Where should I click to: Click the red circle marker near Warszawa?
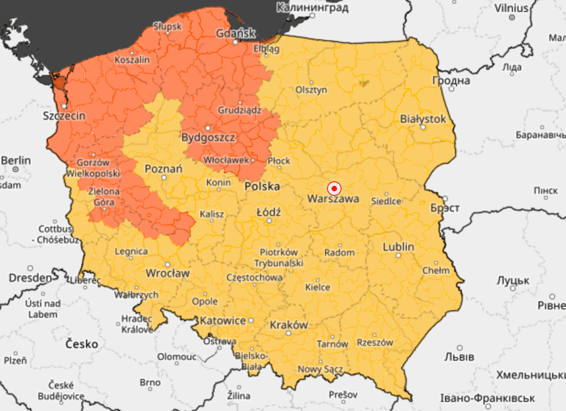334,189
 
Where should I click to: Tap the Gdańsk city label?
235,34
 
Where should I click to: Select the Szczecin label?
64,116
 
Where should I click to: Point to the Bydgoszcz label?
208,137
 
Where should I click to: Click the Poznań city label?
163,168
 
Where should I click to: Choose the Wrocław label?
168,274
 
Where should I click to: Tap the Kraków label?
288,325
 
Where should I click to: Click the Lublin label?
398,247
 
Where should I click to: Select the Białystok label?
423,119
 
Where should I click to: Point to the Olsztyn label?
311,90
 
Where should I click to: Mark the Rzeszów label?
375,342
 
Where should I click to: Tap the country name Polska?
262,186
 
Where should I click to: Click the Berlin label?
15,160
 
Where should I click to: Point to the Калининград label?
313,8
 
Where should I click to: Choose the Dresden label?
30,278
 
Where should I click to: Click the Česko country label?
82,344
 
